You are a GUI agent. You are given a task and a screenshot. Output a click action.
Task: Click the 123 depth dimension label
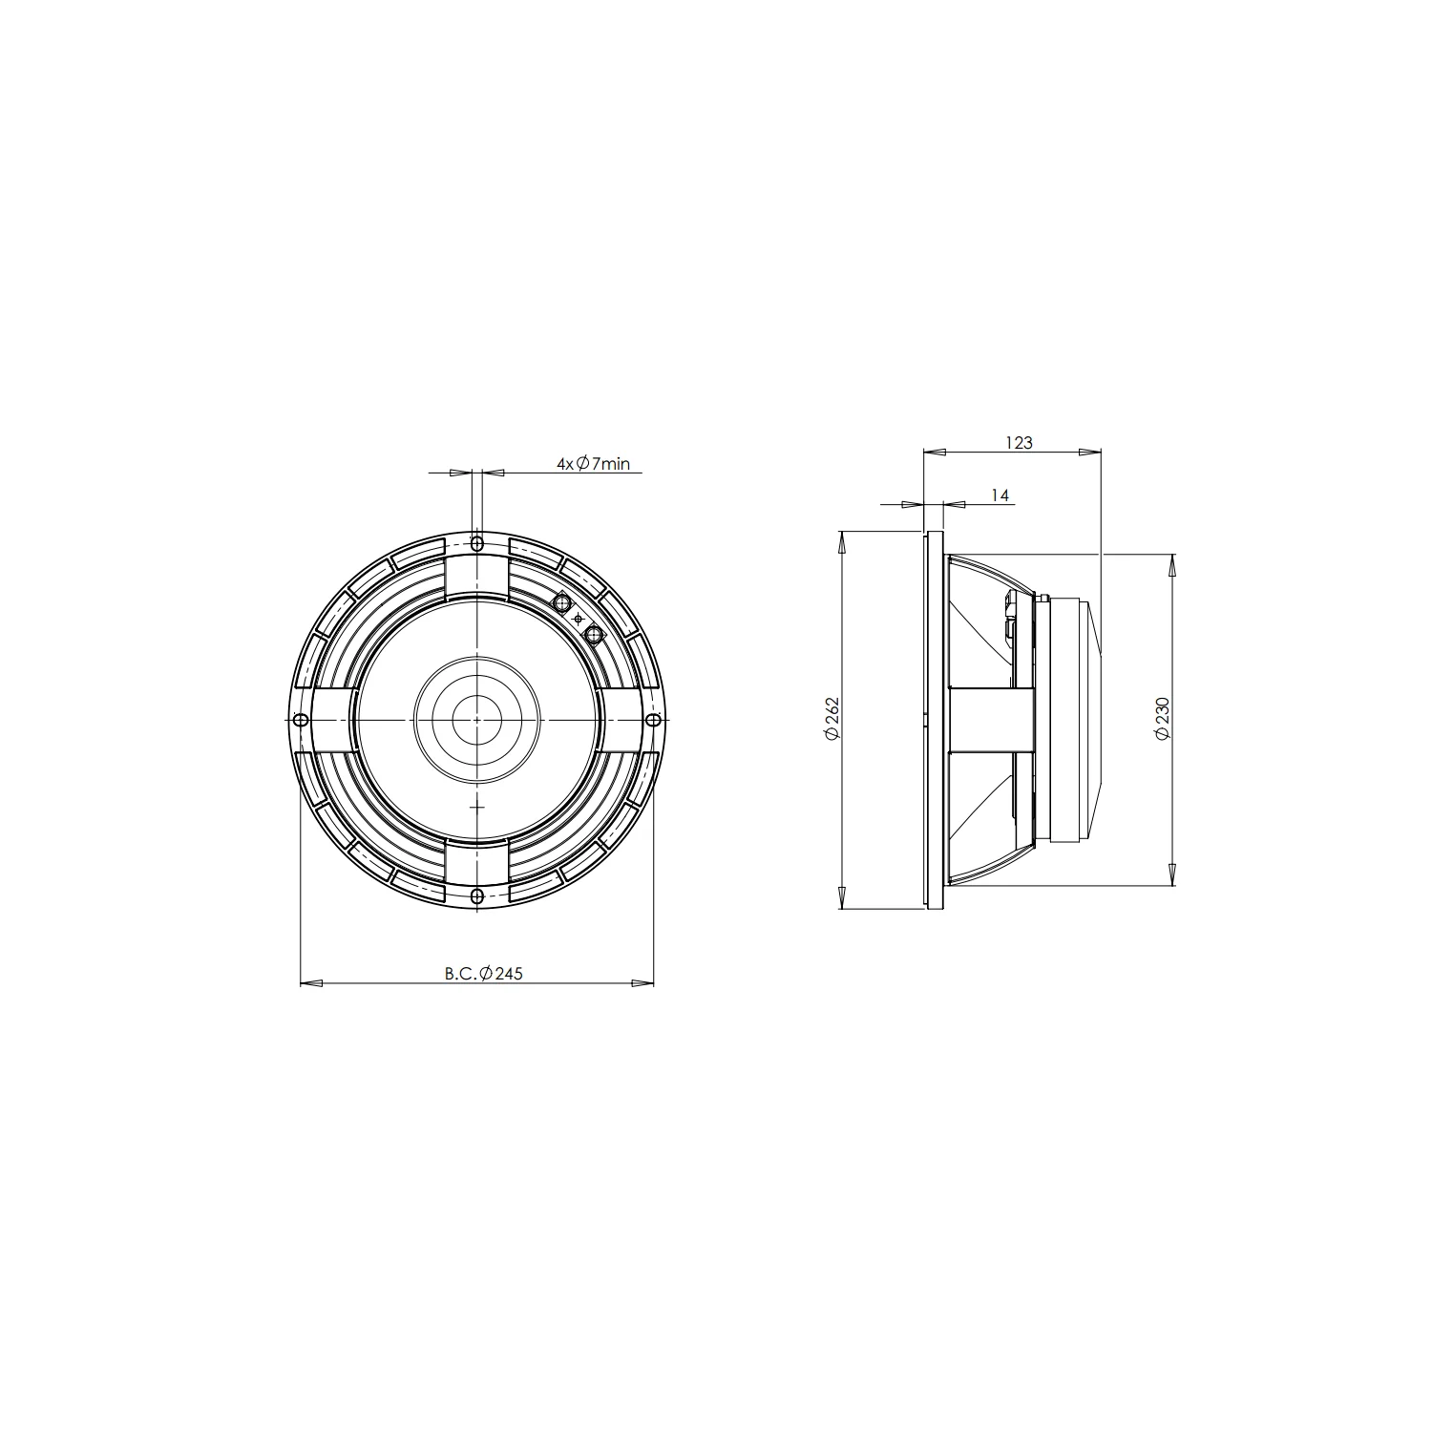coord(1019,443)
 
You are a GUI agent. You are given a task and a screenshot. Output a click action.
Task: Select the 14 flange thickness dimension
coord(1000,495)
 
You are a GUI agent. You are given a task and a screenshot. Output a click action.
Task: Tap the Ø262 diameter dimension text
coord(832,718)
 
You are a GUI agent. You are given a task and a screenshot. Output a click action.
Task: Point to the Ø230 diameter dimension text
coord(1162,718)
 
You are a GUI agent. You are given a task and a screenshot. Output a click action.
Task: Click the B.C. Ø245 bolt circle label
coord(483,974)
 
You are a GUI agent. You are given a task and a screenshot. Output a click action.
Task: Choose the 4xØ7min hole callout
coord(594,464)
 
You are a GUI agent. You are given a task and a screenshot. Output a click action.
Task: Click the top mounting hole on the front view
coord(477,544)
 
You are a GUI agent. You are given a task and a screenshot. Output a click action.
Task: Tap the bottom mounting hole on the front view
coord(477,895)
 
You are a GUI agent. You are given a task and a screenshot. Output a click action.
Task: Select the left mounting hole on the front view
coord(301,719)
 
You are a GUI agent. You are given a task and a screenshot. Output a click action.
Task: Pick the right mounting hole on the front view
coord(654,719)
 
